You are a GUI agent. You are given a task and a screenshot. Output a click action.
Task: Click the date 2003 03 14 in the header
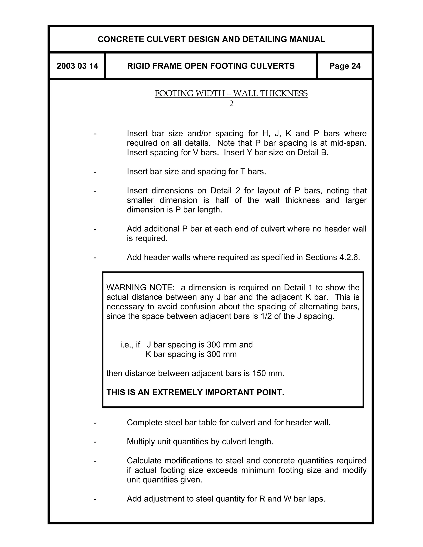coord(77,66)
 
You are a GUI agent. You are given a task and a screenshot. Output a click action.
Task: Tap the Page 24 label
coord(345,66)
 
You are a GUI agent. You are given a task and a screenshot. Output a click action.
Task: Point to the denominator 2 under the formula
coord(231,104)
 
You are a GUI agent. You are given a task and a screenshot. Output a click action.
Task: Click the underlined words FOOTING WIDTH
coord(190,94)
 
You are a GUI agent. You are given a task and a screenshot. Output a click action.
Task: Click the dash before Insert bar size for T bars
coord(95,172)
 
